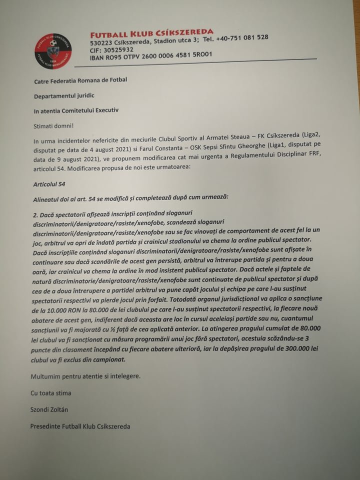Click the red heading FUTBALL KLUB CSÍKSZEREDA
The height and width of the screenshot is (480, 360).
tap(151, 33)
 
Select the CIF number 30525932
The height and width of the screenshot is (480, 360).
tap(119, 49)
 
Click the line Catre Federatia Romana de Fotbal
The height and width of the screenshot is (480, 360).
tap(80, 80)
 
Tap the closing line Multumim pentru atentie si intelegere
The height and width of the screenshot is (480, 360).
tap(85, 375)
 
